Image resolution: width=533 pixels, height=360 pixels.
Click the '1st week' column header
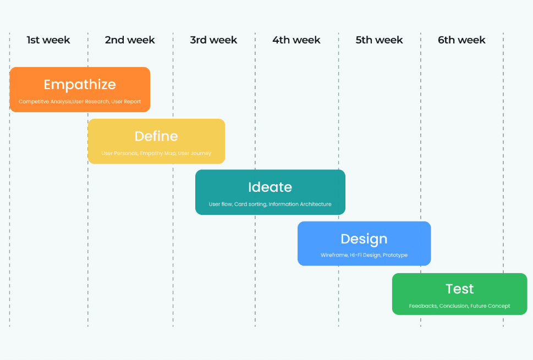point(48,40)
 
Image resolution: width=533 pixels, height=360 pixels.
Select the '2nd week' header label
point(130,40)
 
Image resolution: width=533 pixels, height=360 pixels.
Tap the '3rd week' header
point(213,40)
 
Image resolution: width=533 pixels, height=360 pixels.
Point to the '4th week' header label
point(296,40)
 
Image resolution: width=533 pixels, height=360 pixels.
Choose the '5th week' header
point(379,40)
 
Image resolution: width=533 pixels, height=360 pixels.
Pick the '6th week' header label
point(461,40)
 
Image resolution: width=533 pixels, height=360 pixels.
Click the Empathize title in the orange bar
point(80,85)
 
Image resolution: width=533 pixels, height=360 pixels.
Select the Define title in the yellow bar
point(156,136)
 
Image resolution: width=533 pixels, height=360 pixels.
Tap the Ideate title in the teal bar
point(270,187)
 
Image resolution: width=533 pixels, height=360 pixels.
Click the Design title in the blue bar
point(364,239)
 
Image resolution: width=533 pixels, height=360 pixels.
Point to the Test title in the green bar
point(459,289)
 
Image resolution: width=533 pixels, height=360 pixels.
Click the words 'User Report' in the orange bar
point(126,102)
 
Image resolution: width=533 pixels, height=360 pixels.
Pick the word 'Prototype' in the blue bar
point(395,256)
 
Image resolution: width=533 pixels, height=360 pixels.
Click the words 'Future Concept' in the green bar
point(490,306)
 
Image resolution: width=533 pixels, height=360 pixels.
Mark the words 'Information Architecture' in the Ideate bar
point(300,204)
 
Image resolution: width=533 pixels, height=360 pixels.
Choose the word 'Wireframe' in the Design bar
point(334,256)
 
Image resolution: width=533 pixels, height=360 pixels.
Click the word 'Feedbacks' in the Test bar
point(422,306)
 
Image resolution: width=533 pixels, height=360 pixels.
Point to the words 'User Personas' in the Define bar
point(119,153)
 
